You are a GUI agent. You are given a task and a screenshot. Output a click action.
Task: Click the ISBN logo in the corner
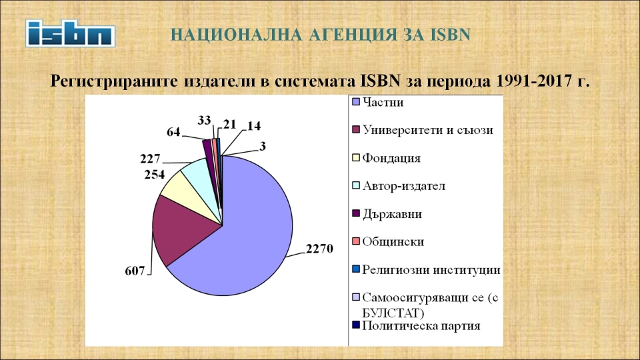[x=70, y=33]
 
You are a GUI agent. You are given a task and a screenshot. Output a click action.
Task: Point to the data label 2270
[x=319, y=248]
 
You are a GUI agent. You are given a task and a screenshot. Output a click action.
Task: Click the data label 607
[x=135, y=270]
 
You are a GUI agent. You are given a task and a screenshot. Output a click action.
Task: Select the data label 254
[x=154, y=174]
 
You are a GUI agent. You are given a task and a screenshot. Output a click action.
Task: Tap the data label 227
[x=150, y=159]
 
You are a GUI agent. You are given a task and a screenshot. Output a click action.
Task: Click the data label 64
[x=173, y=132]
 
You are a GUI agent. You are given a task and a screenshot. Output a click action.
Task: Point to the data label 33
[x=205, y=121]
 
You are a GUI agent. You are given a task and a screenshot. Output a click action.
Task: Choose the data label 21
[x=230, y=124]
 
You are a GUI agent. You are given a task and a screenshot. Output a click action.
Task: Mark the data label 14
[x=254, y=126]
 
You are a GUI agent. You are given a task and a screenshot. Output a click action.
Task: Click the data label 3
[x=263, y=146]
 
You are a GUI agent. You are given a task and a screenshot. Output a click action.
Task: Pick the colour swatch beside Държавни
[x=355, y=213]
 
